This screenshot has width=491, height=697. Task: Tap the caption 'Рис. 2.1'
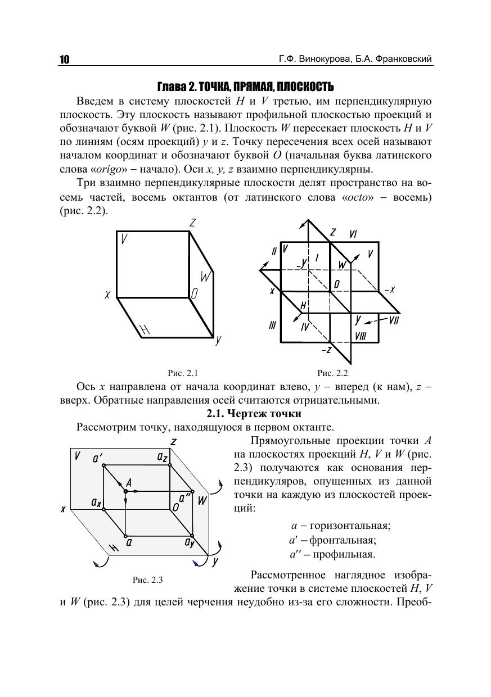coord(183,373)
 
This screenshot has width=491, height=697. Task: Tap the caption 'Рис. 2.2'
coord(333,373)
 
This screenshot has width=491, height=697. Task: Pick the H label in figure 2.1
coord(145,331)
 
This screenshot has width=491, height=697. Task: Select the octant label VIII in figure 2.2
coord(361,336)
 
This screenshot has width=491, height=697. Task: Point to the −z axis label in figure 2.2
coord(326,350)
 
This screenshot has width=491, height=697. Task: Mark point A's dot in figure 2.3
coord(125,491)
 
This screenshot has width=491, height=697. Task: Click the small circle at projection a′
coord(103,466)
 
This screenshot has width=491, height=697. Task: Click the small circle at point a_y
coord(192,535)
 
